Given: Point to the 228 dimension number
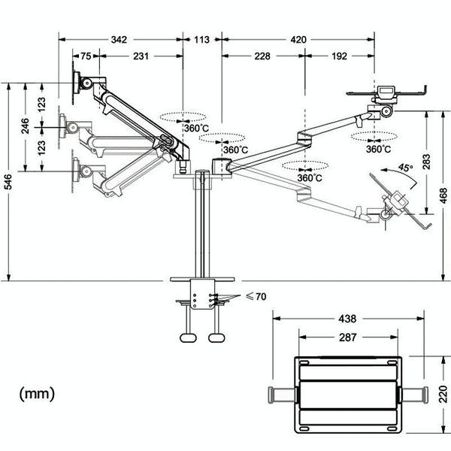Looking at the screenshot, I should click(x=262, y=56).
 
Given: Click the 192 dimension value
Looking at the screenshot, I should click(x=337, y=56).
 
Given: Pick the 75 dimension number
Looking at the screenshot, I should click(x=86, y=56).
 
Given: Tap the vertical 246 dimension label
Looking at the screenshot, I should click(x=25, y=125).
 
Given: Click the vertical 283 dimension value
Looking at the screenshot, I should click(x=425, y=163).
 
